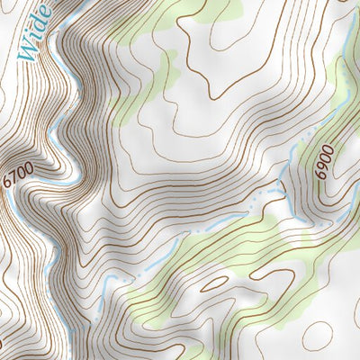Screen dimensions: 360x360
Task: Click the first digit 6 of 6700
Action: (9, 183)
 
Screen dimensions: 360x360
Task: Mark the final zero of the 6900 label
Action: (325, 148)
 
